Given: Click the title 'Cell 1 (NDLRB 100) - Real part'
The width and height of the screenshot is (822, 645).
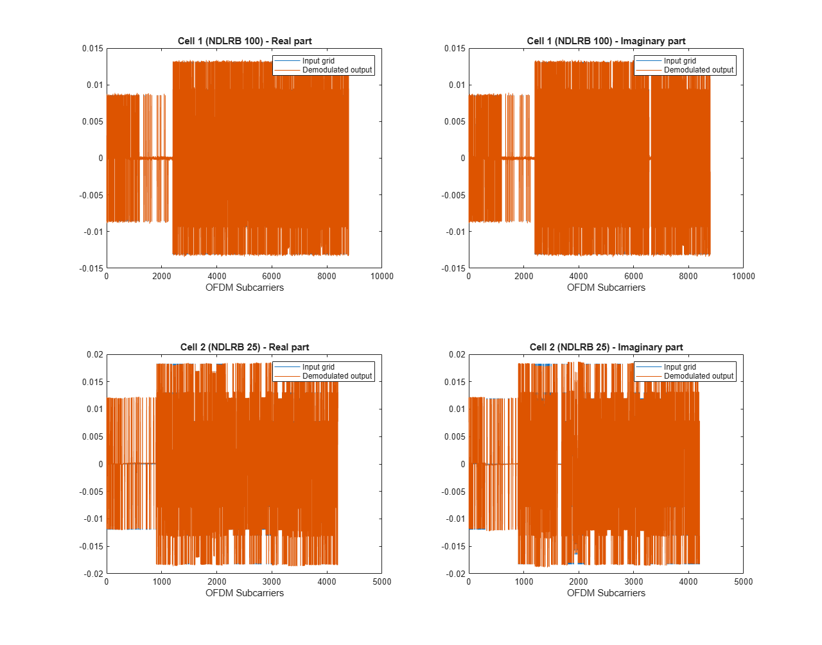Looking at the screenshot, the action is [x=245, y=41].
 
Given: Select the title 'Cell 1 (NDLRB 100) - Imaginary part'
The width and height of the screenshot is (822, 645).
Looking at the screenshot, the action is [x=606, y=41].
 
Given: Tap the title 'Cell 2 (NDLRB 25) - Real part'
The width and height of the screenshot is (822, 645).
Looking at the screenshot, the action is [x=245, y=347].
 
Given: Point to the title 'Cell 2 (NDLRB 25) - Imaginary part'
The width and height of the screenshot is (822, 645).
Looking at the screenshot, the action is [x=606, y=347].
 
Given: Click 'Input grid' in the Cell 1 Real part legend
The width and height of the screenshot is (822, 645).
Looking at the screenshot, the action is [x=318, y=61].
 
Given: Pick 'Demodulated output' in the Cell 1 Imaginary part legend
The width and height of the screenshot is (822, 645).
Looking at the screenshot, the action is [x=698, y=70].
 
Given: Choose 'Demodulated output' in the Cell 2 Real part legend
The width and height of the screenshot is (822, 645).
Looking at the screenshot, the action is [x=337, y=376].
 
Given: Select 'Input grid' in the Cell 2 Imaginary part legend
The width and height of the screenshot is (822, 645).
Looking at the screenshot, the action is [x=680, y=367].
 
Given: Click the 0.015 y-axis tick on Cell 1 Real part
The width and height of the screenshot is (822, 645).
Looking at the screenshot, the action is [x=92, y=48].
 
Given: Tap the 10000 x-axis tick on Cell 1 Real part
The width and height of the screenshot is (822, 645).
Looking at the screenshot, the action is [x=381, y=276].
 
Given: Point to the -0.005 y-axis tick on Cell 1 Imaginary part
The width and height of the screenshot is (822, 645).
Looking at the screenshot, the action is [x=453, y=195].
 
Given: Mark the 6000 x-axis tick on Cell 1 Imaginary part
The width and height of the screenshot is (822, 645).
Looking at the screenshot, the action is [x=633, y=276].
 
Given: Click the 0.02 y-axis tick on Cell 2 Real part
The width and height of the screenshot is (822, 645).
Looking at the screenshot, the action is [x=94, y=354].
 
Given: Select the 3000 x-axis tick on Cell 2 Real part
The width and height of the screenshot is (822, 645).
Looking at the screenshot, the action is [x=272, y=581].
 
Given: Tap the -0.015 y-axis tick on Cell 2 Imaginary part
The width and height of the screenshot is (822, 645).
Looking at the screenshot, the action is [x=453, y=546].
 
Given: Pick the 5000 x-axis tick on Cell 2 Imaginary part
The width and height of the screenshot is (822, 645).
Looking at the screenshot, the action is [x=743, y=581].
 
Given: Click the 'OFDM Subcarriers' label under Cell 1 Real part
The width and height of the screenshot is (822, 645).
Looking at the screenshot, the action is [x=245, y=288].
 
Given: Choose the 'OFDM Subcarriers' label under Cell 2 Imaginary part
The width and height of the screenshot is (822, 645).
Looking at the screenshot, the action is [x=606, y=593].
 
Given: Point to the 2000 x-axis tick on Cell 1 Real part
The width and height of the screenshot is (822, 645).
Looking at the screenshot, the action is [x=162, y=276].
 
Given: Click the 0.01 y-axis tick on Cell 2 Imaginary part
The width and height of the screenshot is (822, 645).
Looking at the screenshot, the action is [x=457, y=409].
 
